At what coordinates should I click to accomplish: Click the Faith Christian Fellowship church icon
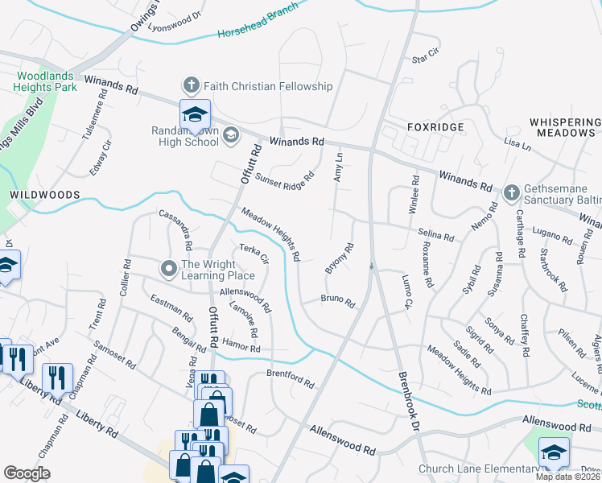click(x=192, y=85)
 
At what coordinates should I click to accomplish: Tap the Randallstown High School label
click(x=185, y=136)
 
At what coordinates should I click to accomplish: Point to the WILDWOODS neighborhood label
click(x=44, y=195)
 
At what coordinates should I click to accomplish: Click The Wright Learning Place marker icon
click(x=168, y=269)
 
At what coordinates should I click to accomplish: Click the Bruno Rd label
click(x=338, y=302)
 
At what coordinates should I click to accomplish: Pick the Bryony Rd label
click(x=340, y=258)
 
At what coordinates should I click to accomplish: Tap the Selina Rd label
click(x=436, y=234)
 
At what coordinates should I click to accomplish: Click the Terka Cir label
click(x=254, y=254)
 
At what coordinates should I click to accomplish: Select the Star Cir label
click(x=427, y=57)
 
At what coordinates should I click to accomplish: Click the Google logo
click(x=27, y=473)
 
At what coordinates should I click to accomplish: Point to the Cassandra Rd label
click(x=175, y=229)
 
